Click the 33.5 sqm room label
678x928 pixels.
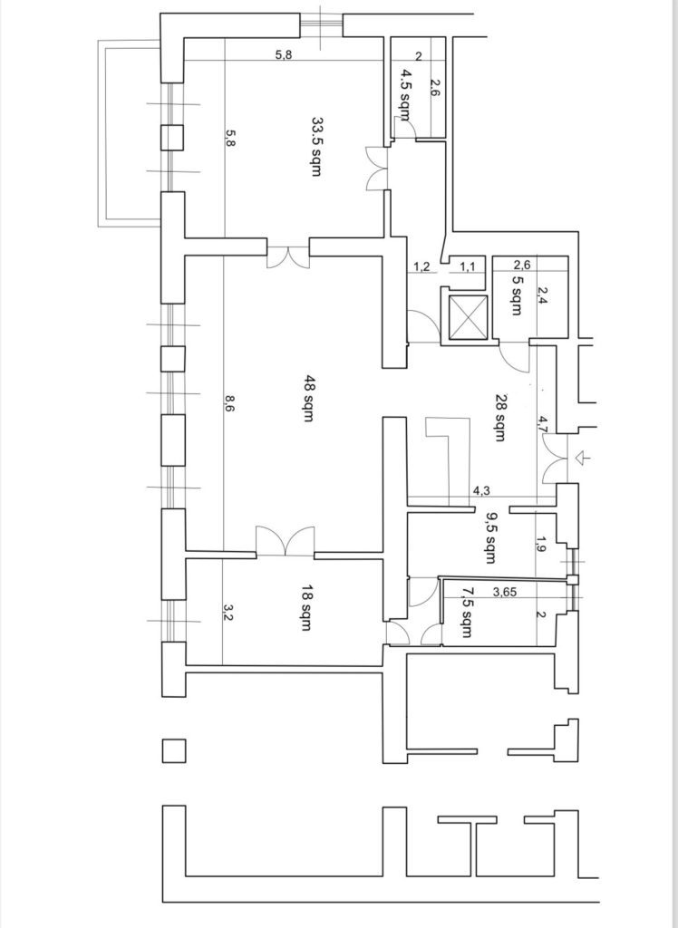pos(317,146)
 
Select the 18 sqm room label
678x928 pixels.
pos(306,608)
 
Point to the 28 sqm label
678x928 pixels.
pos(500,418)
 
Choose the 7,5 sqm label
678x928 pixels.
pos(467,612)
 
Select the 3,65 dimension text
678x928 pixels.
pos(505,591)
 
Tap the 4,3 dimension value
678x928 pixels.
pos(480,490)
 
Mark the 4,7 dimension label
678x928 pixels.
pos(543,424)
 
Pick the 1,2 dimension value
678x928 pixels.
pos(421,267)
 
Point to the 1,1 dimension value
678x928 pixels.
pos(468,267)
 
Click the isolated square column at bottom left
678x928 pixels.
pos(174,751)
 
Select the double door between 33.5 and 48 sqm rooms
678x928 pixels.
pos(287,255)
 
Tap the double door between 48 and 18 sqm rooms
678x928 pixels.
pos(285,540)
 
